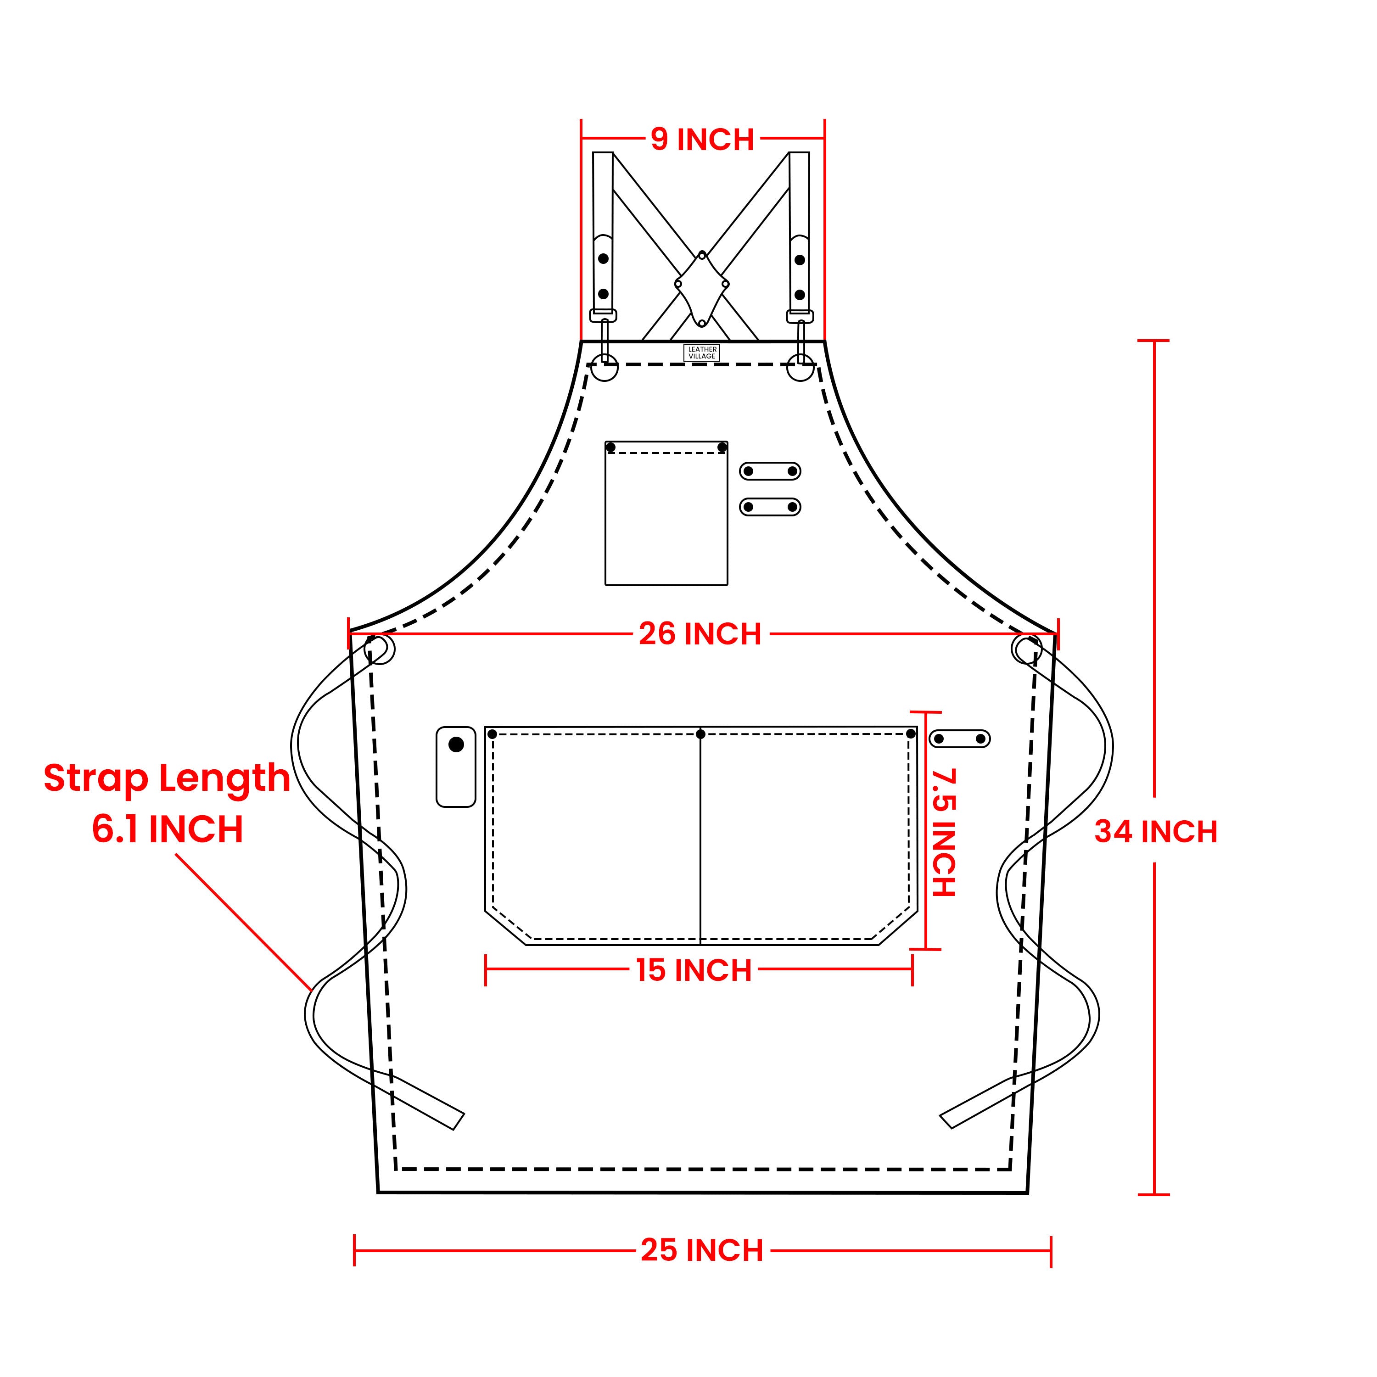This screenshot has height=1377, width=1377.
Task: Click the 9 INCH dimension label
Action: tap(702, 139)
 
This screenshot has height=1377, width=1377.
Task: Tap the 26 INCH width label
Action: tap(700, 633)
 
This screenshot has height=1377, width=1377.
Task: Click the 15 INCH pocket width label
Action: tap(694, 970)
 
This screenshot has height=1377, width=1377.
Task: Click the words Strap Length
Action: tap(167, 778)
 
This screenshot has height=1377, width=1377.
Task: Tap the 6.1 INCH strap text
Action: tap(168, 829)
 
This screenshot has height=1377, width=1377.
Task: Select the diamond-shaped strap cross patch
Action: tap(702, 289)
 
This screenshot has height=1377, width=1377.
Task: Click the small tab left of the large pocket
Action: tap(455, 766)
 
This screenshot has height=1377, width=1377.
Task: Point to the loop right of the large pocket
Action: tap(960, 739)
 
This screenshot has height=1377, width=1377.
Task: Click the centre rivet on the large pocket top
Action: tap(700, 734)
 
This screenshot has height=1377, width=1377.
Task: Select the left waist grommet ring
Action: tap(379, 649)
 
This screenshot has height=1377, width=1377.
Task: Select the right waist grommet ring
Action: tap(1026, 649)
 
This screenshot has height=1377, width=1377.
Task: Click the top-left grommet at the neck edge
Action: tap(605, 368)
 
